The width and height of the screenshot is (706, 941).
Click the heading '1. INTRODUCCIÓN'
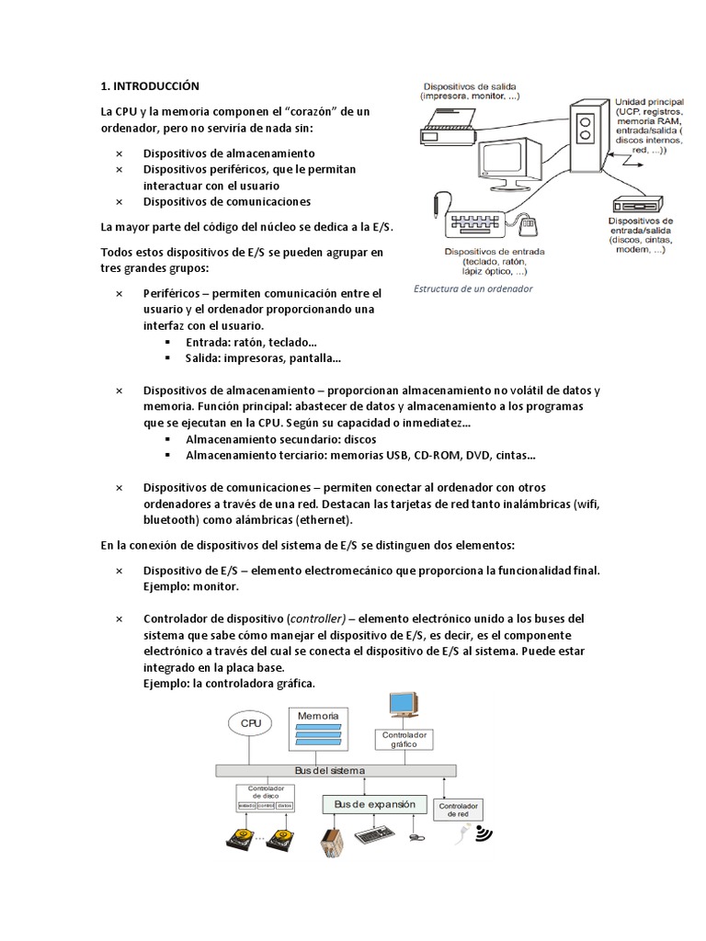click(150, 86)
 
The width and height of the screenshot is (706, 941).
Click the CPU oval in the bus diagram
click(252, 723)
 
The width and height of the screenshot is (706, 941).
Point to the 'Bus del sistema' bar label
click(330, 770)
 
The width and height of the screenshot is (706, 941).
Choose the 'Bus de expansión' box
click(375, 804)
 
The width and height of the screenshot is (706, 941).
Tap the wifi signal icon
click(482, 834)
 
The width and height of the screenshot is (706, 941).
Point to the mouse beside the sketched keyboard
click(528, 224)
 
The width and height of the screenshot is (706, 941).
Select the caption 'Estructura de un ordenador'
click(473, 289)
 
